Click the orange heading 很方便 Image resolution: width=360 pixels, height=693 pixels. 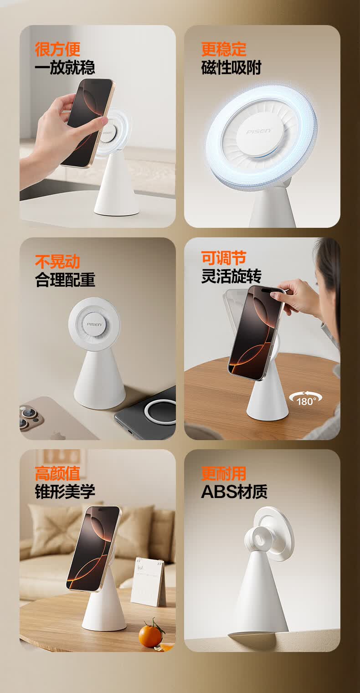[x=57, y=49]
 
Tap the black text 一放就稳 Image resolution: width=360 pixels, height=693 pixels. [x=65, y=67]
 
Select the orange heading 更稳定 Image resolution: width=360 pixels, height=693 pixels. [x=224, y=49]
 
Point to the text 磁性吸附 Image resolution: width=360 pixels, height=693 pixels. [x=231, y=67]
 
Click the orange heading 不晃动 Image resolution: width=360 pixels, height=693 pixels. [x=57, y=262]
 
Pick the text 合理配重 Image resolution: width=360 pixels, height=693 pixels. [x=65, y=280]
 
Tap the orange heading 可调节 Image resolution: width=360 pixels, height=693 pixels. [x=224, y=258]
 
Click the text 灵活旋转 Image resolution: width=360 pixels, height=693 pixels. [x=231, y=276]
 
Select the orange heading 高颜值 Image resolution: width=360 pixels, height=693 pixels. [x=57, y=473]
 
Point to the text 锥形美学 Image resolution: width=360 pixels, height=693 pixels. [x=65, y=491]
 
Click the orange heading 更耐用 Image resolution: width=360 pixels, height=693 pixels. [x=224, y=473]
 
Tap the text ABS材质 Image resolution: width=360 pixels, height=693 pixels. [x=234, y=492]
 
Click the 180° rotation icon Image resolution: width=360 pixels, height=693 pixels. [x=305, y=399]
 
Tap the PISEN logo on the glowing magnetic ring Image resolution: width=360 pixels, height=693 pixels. [x=258, y=132]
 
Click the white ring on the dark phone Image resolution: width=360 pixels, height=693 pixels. [x=160, y=412]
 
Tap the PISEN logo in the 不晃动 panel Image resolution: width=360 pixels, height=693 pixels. [x=94, y=324]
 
